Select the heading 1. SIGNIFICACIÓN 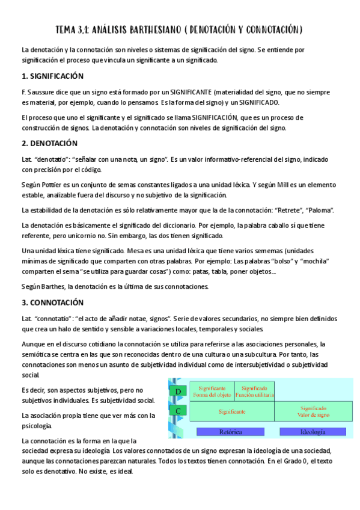click(52, 76)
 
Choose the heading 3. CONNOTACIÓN click(53, 303)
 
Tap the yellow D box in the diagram click(178, 392)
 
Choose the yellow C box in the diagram click(178, 411)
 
